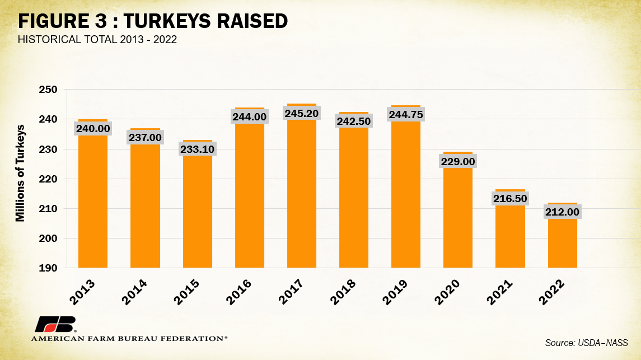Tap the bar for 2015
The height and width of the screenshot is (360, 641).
coord(197,213)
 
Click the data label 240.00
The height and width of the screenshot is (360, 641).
coord(93,128)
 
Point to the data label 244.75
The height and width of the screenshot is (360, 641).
coord(406,115)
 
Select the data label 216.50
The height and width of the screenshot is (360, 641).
coord(510,199)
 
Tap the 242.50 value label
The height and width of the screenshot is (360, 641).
coord(354,121)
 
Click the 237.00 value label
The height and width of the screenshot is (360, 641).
coord(145,137)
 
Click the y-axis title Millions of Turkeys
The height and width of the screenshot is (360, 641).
coord(20,174)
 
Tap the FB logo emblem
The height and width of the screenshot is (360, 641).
coord(54,325)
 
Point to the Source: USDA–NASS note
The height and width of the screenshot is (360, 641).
coord(586,343)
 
